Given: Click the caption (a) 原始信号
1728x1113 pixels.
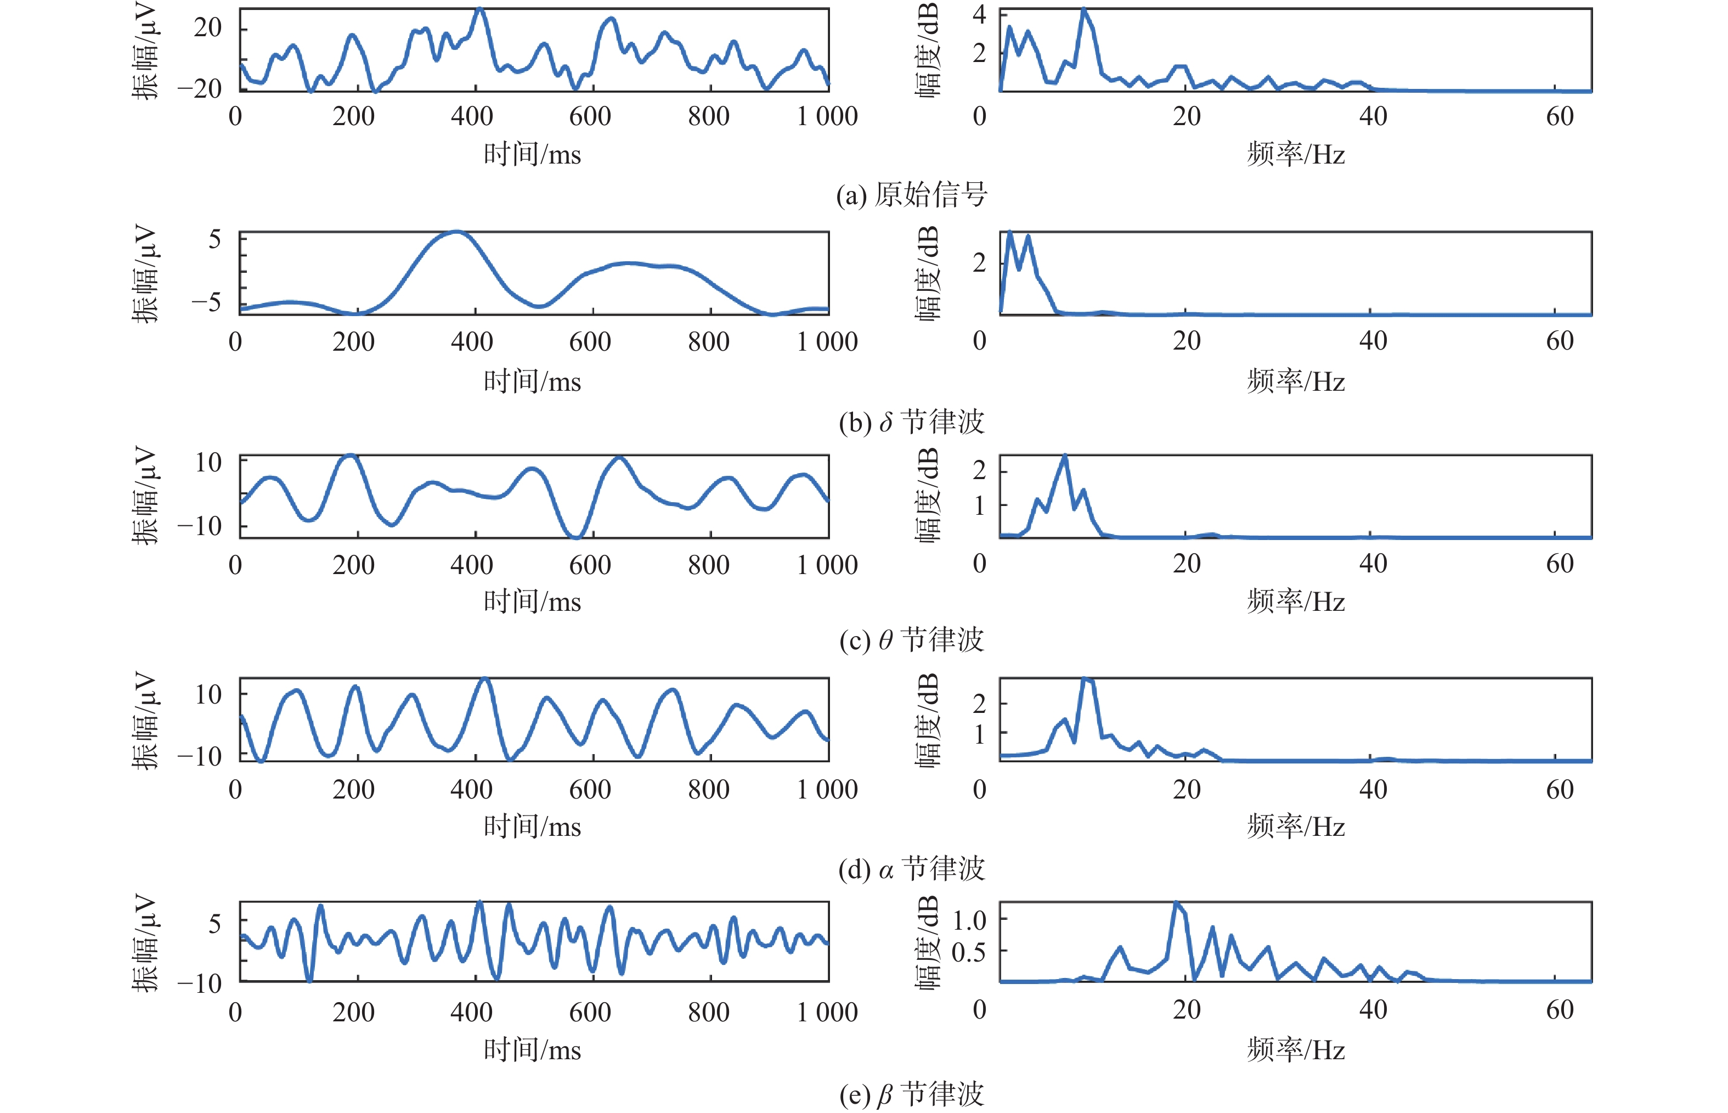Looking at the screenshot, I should coord(912,195).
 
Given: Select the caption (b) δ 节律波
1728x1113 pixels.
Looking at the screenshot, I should coord(912,422).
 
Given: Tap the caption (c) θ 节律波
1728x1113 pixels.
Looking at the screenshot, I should coord(912,640).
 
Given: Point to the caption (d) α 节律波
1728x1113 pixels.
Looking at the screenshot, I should coord(912,869).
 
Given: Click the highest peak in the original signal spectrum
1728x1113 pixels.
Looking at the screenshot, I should coord(1083,10).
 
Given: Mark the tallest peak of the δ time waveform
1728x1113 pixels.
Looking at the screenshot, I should coord(455,232).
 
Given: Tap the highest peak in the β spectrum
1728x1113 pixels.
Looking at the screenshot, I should coord(1176,903).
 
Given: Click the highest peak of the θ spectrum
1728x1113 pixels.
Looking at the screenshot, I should coord(1065,456).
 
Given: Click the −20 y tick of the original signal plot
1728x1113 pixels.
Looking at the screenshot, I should coord(199,89).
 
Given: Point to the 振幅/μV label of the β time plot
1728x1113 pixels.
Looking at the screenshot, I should coord(144,943).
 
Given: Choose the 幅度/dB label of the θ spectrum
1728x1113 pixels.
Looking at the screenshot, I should coord(928,495).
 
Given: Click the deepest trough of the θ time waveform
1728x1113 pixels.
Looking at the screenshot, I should coord(576,537).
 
